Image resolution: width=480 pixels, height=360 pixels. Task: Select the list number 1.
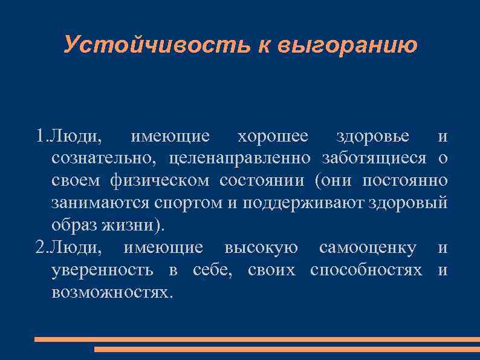40,137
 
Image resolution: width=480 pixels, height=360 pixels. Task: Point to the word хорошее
272,137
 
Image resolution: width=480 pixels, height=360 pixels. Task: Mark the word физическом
161,181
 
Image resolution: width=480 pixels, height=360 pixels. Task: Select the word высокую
261,247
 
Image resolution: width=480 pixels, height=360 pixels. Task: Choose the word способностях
366,270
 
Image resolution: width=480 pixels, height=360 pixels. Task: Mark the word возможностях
111,292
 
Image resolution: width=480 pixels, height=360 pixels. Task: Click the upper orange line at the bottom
256,339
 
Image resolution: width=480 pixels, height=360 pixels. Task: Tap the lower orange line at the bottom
287,349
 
